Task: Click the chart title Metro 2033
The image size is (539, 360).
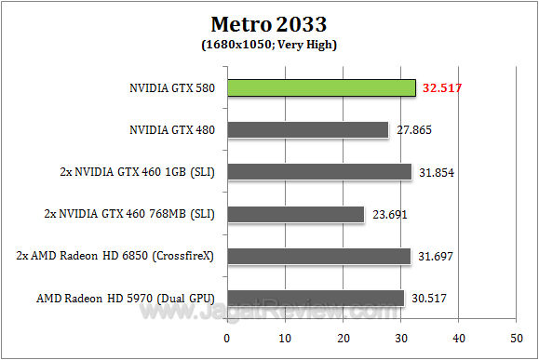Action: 269,22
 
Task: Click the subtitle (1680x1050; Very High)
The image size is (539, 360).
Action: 269,44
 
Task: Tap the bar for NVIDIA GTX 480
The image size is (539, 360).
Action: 307,130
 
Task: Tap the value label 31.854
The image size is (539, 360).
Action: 436,172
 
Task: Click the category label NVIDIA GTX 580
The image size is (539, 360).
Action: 171,88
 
